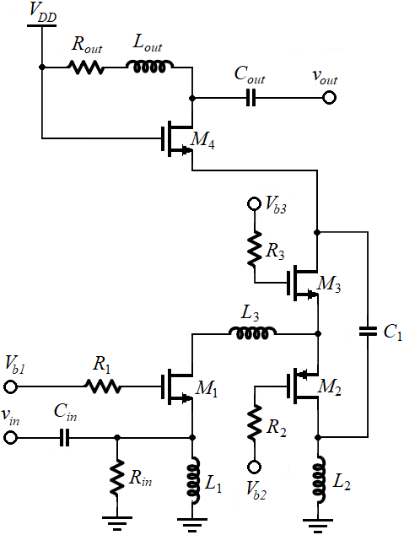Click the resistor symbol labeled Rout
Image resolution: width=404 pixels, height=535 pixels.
[87, 68]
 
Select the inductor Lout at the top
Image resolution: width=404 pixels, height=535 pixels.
[150, 66]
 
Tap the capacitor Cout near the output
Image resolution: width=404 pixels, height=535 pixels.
[251, 98]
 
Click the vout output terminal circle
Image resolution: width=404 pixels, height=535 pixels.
[329, 98]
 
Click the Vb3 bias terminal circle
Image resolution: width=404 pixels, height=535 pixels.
[254, 204]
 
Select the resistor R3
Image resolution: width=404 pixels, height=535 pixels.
[255, 248]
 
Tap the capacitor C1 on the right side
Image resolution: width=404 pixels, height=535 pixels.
[368, 331]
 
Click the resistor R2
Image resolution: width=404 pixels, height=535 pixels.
[255, 423]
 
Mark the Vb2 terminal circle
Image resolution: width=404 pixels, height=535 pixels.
[254, 467]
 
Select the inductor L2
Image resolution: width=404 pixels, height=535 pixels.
[319, 479]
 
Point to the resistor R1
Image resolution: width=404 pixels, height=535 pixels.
[102, 387]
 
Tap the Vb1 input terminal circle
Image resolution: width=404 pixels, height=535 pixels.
[10, 387]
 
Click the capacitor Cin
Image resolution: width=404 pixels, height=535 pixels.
[64, 437]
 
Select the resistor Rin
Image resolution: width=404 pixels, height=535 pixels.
[117, 476]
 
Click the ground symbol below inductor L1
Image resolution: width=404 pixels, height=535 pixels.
[192, 523]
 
